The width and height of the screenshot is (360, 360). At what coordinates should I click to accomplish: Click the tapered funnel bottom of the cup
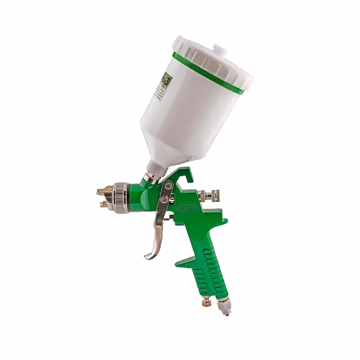coord(166,153)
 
